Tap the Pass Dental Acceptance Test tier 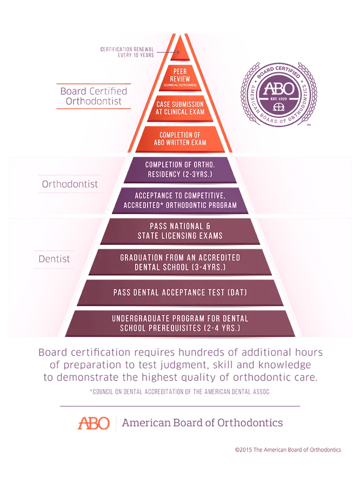coord(179,292)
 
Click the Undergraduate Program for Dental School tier coord(179,323)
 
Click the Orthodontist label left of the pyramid coord(70,184)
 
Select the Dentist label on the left coord(54,259)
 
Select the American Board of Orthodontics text coord(203,423)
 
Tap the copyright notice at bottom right coord(288,450)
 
